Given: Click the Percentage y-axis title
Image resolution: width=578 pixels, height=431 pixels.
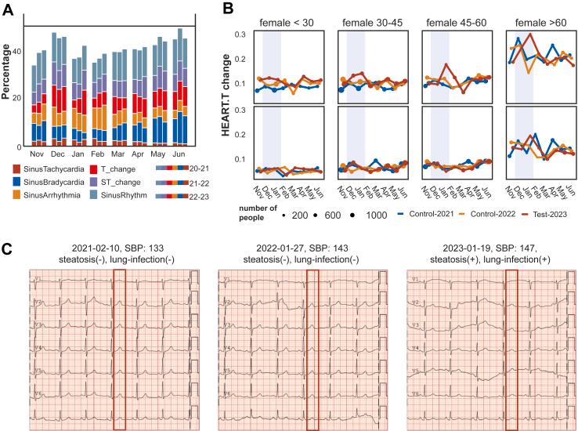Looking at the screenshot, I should (8, 79).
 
